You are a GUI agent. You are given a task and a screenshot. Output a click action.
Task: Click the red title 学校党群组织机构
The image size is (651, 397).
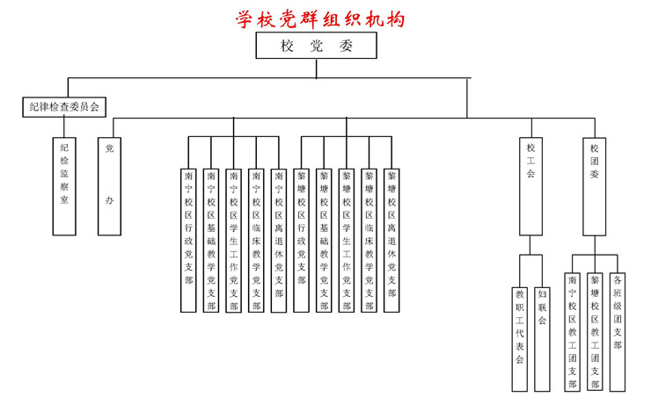[320, 18]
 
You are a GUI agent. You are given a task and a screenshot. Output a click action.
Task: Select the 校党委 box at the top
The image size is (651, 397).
[316, 47]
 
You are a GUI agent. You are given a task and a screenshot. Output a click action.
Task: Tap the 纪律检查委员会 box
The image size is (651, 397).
[63, 107]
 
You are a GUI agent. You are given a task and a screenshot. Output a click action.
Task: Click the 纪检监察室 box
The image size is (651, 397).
[64, 186]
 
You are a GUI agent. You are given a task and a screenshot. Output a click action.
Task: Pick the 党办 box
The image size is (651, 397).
[109, 186]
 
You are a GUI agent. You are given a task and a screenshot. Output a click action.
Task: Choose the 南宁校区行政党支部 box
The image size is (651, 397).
[188, 240]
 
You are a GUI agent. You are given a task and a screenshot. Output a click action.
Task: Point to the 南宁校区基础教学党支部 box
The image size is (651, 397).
[211, 240]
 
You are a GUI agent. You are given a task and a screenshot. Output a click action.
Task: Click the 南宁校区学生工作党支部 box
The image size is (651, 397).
[233, 240]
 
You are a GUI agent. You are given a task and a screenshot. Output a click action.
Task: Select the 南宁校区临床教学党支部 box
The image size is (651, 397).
[256, 240]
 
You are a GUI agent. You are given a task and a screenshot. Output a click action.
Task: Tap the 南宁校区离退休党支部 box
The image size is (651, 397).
[279, 240]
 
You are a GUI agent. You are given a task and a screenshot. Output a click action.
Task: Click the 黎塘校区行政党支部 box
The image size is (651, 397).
[302, 240]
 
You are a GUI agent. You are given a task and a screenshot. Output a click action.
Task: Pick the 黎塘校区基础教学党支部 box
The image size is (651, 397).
[324, 240]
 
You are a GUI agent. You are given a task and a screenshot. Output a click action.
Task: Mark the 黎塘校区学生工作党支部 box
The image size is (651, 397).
[347, 240]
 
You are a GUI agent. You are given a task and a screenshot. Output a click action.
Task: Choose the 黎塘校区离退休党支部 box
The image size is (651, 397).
[391, 240]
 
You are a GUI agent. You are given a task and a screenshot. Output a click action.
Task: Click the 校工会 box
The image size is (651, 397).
[530, 186]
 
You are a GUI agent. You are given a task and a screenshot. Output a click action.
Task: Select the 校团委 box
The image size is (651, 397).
[595, 186]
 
